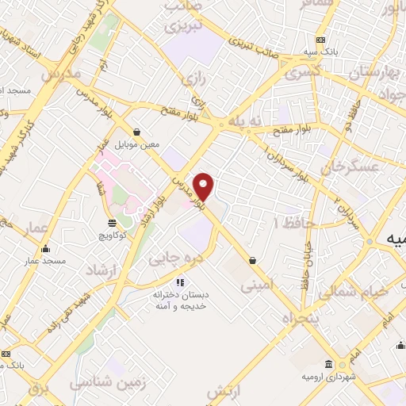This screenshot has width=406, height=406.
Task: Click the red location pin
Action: pos(205,186)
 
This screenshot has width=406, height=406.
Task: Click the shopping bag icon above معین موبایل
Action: pos(137,132)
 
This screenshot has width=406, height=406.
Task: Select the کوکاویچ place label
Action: pos(113,236)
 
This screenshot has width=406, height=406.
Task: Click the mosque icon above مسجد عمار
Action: pos(44,249)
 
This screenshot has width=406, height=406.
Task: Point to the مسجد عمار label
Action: pos(43,261)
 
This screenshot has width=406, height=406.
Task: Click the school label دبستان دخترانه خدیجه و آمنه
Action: pos(179,301)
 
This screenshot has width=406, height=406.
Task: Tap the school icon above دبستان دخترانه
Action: pos(180,282)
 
